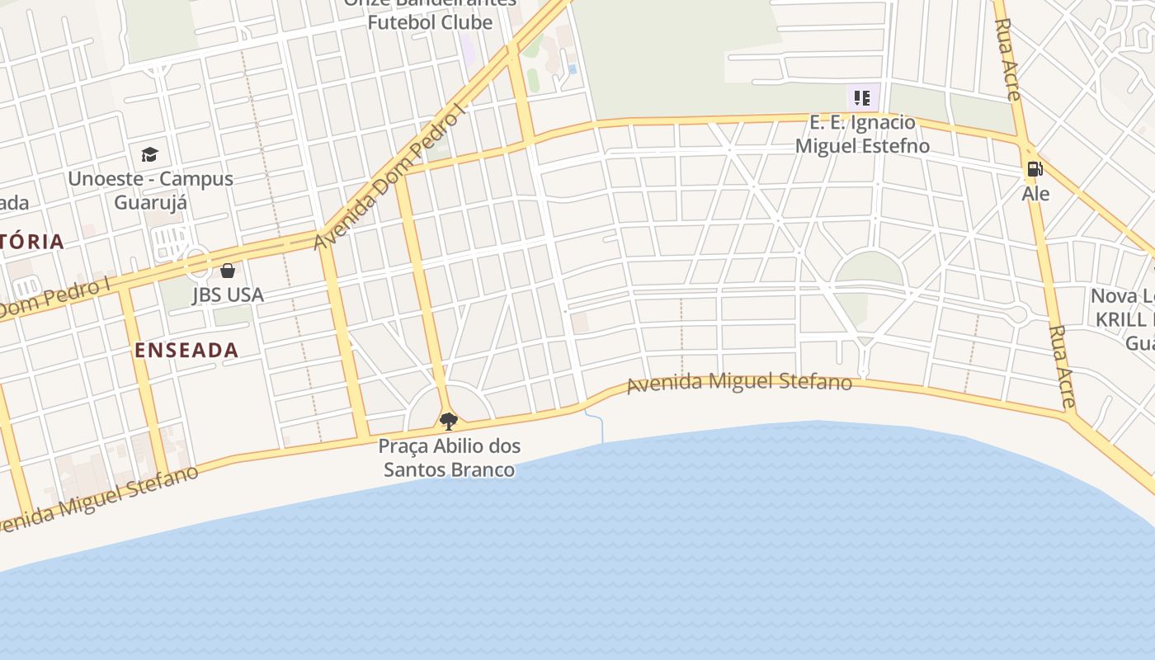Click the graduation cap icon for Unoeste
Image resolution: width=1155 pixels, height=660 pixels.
click(149, 154)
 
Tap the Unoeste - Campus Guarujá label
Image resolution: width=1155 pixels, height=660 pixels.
click(150, 190)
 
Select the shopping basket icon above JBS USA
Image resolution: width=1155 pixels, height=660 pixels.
click(228, 271)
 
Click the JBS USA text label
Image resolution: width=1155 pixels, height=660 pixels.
click(228, 295)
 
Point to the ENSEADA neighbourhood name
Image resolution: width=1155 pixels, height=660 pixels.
click(186, 350)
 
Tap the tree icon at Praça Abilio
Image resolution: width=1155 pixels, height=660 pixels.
click(449, 422)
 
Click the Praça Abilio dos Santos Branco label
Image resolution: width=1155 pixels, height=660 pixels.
click(450, 458)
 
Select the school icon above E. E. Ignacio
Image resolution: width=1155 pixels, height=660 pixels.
click(862, 99)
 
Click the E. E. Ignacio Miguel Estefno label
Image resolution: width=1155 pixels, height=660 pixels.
click(862, 134)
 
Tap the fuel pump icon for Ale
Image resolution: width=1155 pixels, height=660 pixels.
click(1035, 169)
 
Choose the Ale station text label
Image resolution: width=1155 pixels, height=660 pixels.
click(1035, 194)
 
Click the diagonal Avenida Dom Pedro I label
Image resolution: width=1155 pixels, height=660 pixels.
click(390, 177)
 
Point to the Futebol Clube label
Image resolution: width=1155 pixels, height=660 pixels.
click(430, 22)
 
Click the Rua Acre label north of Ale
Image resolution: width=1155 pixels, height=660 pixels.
click(1008, 49)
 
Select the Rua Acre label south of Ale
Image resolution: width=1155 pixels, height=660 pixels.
click(1062, 366)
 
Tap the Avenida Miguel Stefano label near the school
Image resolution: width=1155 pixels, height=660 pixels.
click(739, 384)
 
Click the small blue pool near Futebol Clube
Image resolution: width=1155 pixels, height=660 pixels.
click(573, 69)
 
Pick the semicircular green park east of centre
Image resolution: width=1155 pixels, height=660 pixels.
click(868, 269)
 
